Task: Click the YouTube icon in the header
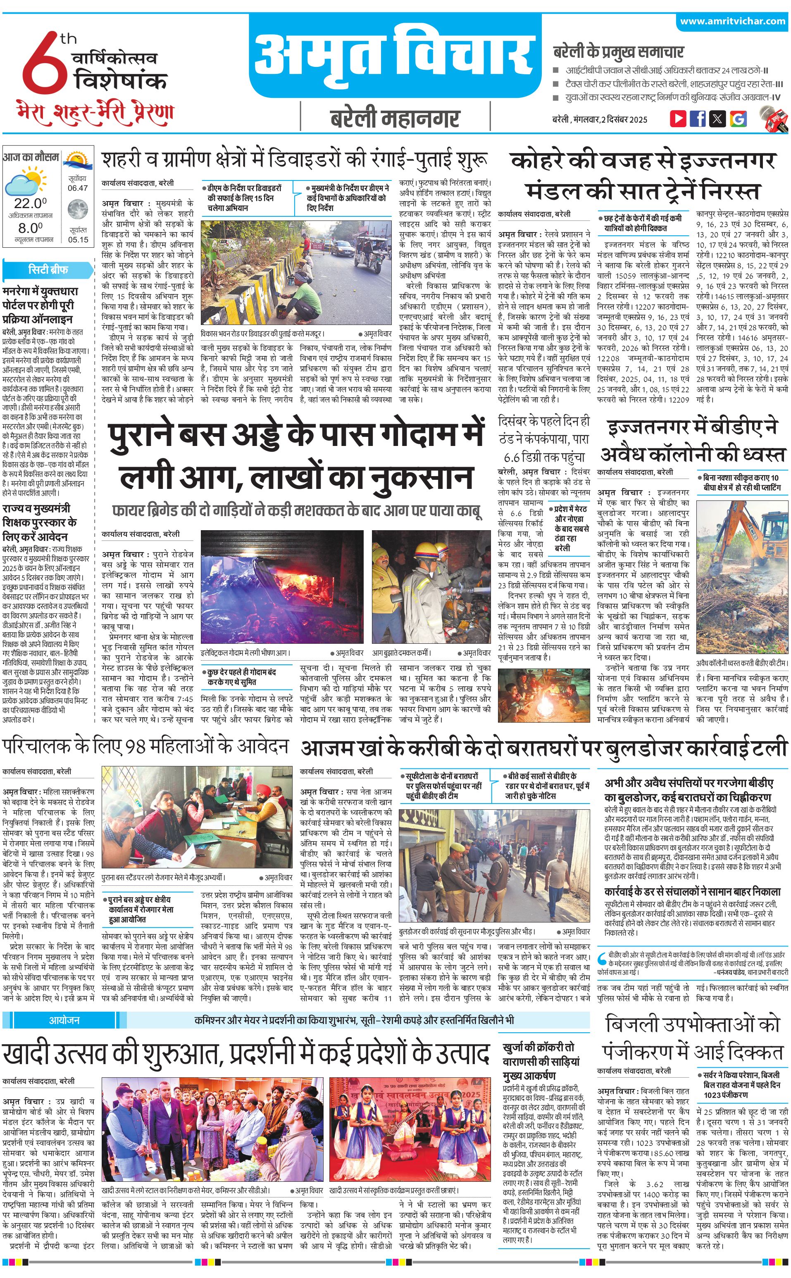coord(678,119)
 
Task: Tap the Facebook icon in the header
coord(698,119)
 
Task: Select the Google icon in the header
coord(738,119)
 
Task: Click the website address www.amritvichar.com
coord(732,21)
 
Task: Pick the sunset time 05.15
coord(78,240)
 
